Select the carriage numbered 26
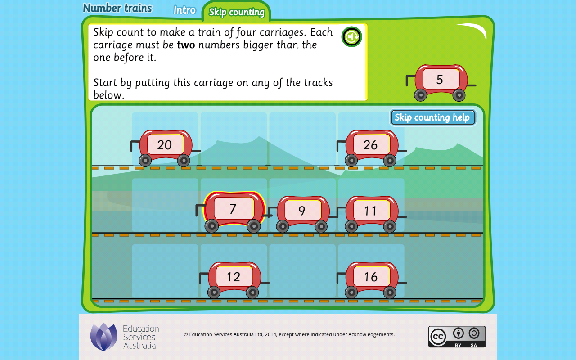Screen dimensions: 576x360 371,148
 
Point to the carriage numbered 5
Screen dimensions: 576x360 441,82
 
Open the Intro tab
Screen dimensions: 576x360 184,10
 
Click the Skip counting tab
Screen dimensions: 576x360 237,12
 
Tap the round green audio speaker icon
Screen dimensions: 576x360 351,37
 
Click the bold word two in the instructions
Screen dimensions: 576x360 186,45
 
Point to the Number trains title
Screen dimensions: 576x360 117,8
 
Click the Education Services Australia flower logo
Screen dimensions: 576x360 103,337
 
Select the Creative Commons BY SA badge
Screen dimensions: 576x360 457,337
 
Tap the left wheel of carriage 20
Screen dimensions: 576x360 145,161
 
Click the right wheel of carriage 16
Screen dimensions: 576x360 390,292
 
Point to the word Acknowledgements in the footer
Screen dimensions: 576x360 371,334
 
